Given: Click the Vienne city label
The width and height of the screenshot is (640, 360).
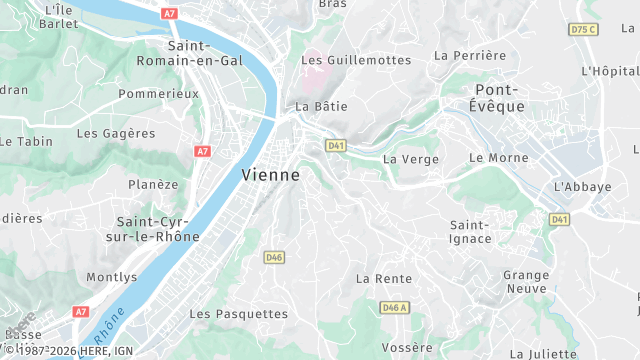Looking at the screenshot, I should [x=270, y=174].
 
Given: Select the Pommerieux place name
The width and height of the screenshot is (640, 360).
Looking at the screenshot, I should [x=158, y=93].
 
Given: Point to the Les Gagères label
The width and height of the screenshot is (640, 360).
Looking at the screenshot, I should [x=116, y=133].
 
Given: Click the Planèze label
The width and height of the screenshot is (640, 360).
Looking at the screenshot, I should [x=153, y=184].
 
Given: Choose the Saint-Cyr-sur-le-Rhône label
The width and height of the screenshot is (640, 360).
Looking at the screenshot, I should [x=158, y=229].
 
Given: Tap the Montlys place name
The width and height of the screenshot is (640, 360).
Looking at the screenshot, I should [x=112, y=277].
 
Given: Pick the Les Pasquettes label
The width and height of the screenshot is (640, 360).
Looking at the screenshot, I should [x=238, y=314].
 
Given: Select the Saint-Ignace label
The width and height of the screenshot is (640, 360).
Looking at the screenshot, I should [x=471, y=231].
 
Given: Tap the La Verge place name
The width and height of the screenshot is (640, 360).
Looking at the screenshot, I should [x=411, y=159].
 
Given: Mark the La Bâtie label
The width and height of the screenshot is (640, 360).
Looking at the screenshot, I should [x=314, y=105].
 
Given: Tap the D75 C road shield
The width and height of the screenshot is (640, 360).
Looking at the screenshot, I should [x=582, y=29].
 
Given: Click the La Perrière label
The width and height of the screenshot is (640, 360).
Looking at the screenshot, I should [x=470, y=56].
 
